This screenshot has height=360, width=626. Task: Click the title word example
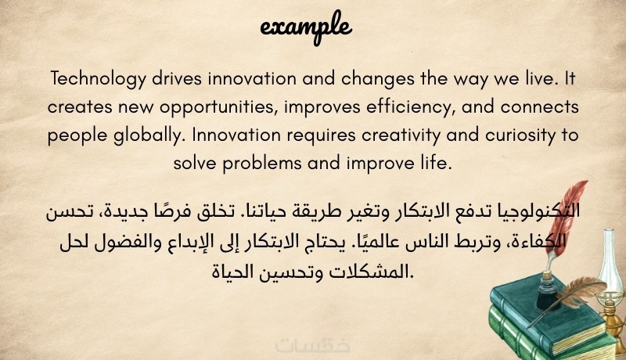(306, 27)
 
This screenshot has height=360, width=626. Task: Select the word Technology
(99, 78)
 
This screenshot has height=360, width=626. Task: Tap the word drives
(177, 78)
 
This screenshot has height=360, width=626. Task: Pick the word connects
(539, 107)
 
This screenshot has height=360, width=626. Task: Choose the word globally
(148, 135)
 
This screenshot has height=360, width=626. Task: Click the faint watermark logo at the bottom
(313, 345)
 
